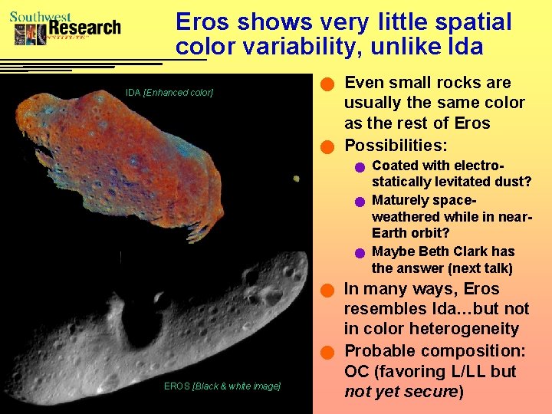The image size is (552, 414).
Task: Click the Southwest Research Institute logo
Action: (x=66, y=28)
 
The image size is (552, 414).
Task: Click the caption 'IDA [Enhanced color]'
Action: (x=169, y=93)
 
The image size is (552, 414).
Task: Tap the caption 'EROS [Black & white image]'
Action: (x=222, y=386)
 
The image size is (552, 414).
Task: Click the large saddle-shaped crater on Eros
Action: (x=143, y=326)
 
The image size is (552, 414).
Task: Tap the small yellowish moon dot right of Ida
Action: (x=296, y=178)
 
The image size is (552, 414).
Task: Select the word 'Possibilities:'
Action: (x=396, y=145)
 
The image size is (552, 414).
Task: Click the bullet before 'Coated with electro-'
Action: (x=359, y=167)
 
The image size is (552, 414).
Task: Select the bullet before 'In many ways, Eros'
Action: (x=328, y=291)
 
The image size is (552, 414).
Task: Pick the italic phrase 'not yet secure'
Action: (x=399, y=392)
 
